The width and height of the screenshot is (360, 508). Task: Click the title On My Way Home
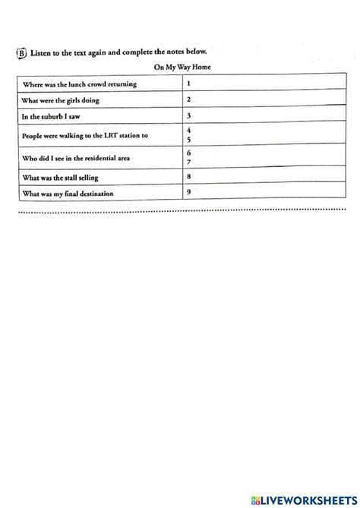[x=179, y=68]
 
